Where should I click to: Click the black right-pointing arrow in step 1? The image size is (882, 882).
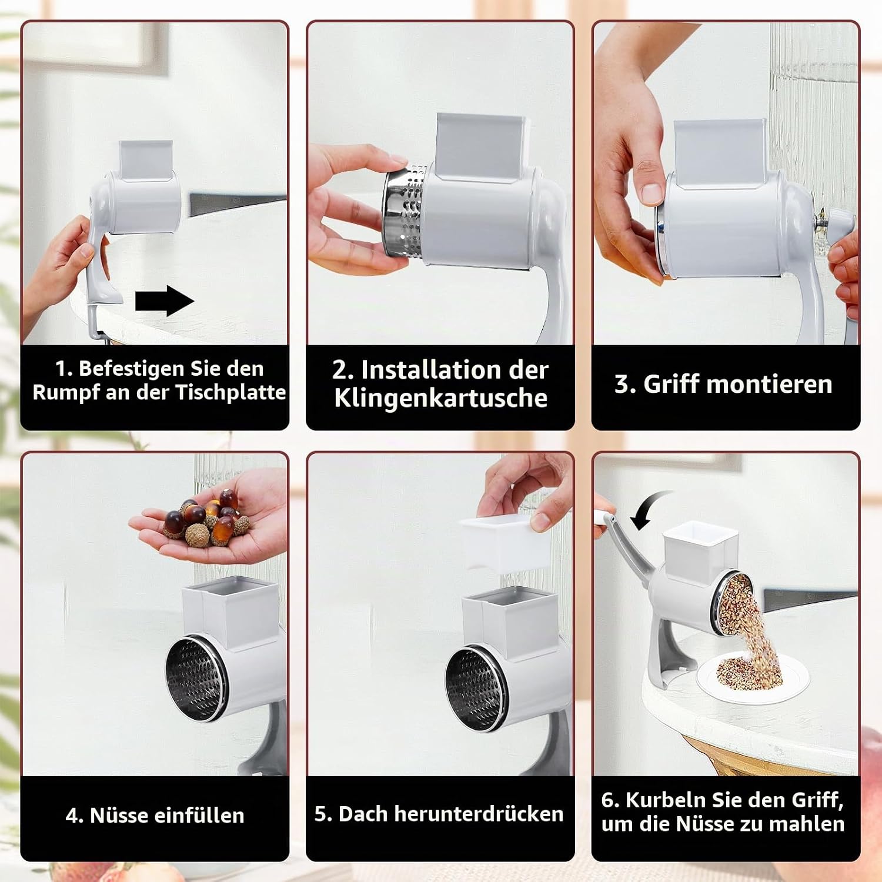[x=164, y=300]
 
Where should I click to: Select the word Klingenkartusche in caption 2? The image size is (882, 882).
[x=440, y=397]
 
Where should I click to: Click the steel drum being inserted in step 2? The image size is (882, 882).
[x=405, y=212]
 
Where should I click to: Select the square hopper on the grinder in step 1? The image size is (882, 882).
[x=146, y=160]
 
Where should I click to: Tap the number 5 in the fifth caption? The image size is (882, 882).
[x=320, y=814]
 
